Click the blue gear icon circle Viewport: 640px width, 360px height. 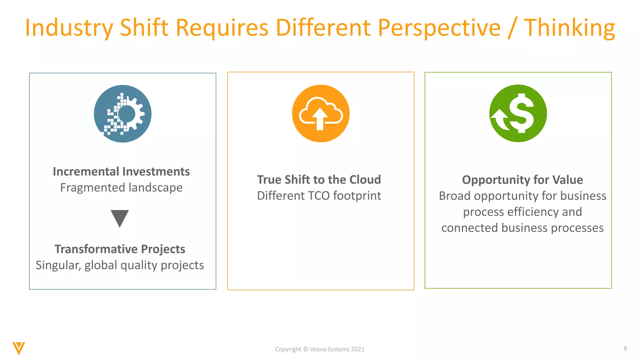pyautogui.click(x=122, y=114)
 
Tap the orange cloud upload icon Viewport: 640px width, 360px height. pyautogui.click(x=321, y=113)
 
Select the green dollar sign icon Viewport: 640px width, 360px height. pyautogui.click(x=518, y=113)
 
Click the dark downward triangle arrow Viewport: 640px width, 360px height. pyautogui.click(x=120, y=218)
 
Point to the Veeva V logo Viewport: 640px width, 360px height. pyautogui.click(x=19, y=348)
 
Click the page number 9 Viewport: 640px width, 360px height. pyautogui.click(x=625, y=348)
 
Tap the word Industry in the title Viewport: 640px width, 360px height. pyautogui.click(x=69, y=28)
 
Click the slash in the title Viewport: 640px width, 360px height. pyautogui.click(x=512, y=28)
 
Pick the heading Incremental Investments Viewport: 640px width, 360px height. pyautogui.click(x=121, y=172)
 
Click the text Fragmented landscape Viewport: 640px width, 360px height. pyautogui.click(x=121, y=187)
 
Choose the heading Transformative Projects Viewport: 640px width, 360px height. pyautogui.click(x=120, y=249)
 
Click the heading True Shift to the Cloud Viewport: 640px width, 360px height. pyautogui.click(x=319, y=180)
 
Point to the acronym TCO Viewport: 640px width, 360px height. pyautogui.click(x=319, y=196)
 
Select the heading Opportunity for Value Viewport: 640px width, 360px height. pyautogui.click(x=522, y=180)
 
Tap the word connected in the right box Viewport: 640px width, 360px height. pyautogui.click(x=470, y=228)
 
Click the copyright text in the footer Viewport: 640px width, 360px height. pyautogui.click(x=320, y=349)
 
